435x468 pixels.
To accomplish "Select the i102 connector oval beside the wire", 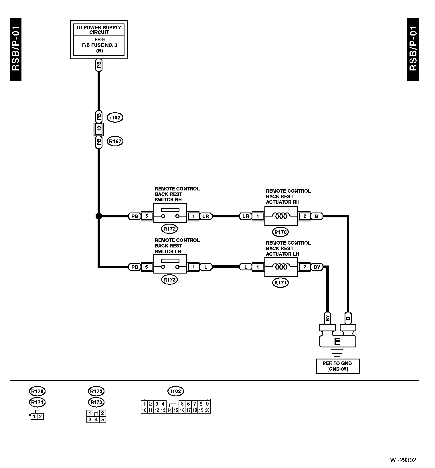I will point(115,117).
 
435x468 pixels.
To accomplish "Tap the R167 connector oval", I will point(115,141).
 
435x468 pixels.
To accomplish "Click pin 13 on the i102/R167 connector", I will point(99,129).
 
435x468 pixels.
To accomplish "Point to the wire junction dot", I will point(98,216).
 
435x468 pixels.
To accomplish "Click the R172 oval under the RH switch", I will point(169,229).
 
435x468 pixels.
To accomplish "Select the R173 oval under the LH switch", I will point(169,280).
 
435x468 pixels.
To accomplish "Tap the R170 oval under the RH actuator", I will point(280,232).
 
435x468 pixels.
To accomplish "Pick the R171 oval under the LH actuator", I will point(280,283).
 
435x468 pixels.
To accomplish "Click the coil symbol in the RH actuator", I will point(281,216).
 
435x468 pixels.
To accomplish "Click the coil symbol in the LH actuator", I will point(281,267).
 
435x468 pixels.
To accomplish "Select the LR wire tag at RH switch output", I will point(206,216).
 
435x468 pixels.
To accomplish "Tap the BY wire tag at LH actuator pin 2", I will point(317,267).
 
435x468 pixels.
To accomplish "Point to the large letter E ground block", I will point(337,341).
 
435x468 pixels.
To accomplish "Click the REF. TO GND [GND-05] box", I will point(337,366).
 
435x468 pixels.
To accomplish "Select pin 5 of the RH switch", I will point(147,216).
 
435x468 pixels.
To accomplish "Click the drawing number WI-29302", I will point(403,460).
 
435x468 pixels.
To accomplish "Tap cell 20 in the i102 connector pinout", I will point(207,410).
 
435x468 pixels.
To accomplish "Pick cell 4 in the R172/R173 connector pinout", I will point(96,420).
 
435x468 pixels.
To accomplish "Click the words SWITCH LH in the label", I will point(168,251).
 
